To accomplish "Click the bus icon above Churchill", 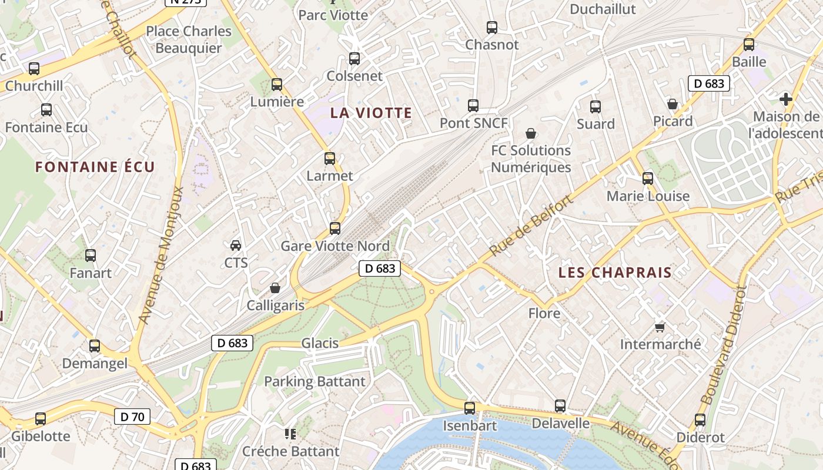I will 34,69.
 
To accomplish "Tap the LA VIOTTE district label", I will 371,113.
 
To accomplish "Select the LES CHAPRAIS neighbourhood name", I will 615,273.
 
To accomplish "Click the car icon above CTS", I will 236,245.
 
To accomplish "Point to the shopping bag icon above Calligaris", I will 275,288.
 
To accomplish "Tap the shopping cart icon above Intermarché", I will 660,327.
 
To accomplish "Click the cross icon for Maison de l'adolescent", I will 785,99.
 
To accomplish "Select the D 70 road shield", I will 132,417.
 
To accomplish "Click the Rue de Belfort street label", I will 530,226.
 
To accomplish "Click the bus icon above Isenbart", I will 469,408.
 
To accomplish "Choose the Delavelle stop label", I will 560,423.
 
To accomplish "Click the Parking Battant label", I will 315,382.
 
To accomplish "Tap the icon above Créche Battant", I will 290,434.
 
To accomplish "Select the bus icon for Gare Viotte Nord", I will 335,229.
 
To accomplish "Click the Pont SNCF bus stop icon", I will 473,106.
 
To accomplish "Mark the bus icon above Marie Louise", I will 648,179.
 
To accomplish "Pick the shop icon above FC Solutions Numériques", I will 531,133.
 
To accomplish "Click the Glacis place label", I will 320,343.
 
